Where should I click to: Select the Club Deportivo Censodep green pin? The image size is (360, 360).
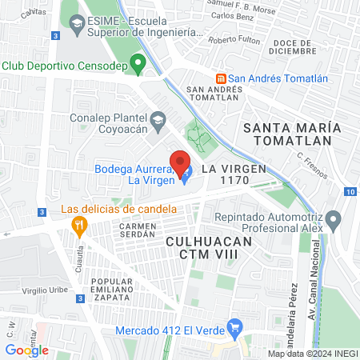click(138, 62)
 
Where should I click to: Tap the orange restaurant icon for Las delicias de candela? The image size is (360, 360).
click(78, 225)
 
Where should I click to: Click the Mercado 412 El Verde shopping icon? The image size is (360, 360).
click(234, 326)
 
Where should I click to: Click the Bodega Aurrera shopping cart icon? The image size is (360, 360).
click(186, 174)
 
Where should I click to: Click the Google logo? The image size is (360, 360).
click(26, 350)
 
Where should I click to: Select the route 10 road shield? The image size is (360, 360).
click(351, 191)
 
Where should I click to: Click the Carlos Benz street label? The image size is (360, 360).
click(234, 16)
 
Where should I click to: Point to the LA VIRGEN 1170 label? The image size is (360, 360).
click(232, 175)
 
